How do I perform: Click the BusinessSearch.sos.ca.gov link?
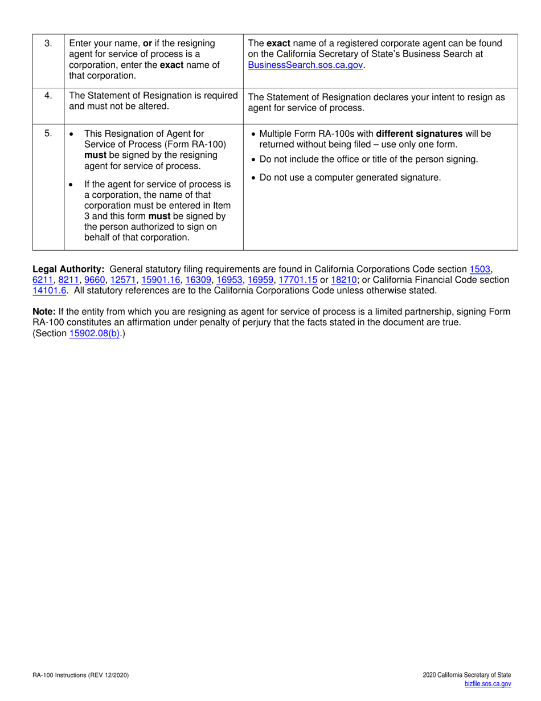(305, 65)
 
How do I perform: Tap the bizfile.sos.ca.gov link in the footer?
(488, 684)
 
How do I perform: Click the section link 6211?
(43, 279)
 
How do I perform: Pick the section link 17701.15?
(297, 279)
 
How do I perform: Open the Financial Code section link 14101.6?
(50, 290)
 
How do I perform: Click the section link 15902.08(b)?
(95, 334)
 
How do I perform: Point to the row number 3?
(48, 43)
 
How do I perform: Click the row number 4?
(48, 96)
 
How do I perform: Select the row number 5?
(48, 134)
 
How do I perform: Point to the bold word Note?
(44, 312)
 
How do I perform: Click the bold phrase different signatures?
(419, 134)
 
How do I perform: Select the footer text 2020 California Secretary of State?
(467, 675)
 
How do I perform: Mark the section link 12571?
(124, 279)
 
